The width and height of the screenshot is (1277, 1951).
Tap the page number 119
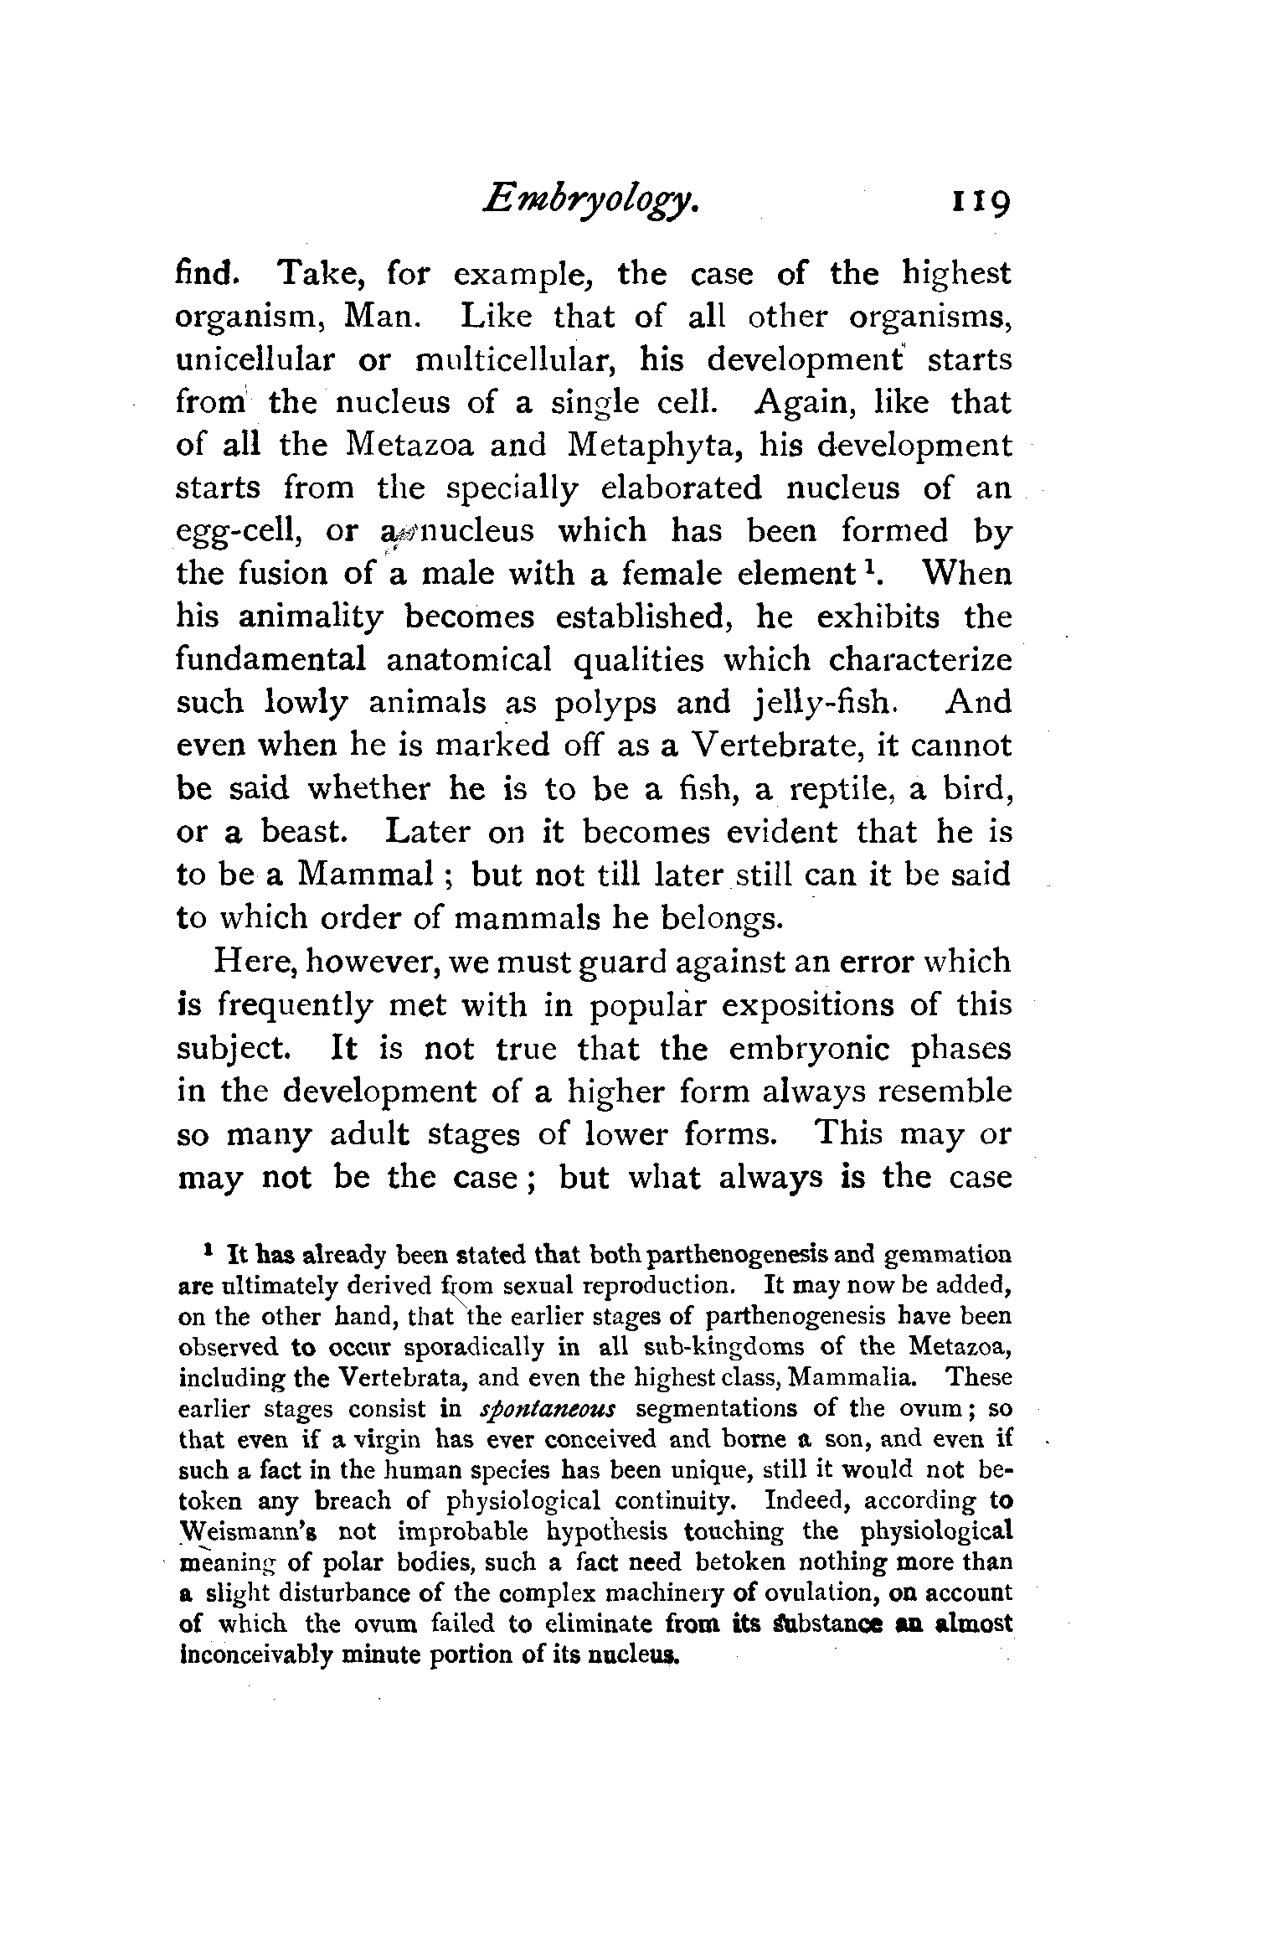(978, 204)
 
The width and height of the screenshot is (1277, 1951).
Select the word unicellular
(255, 360)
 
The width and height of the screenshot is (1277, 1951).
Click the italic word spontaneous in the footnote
(548, 1432)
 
